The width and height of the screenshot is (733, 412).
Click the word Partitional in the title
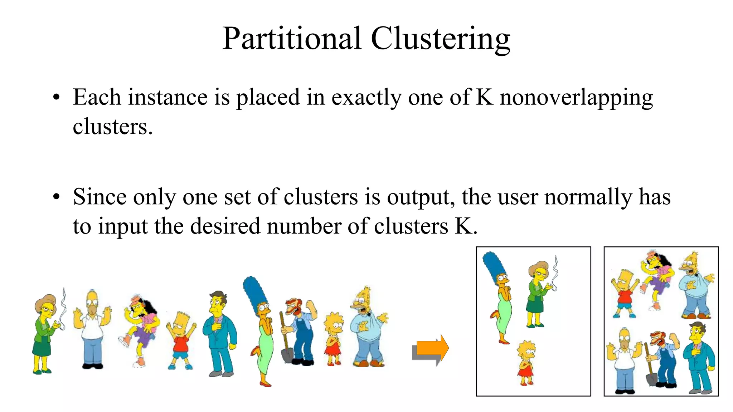pos(291,39)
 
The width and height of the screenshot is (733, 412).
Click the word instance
pos(168,97)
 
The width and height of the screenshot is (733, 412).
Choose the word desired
pos(225,226)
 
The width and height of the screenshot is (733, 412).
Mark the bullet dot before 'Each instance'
pos(56,98)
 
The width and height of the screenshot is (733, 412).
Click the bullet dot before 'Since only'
pos(56,197)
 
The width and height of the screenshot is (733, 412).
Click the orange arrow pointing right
pos(432,348)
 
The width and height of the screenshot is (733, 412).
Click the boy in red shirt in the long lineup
pos(181,342)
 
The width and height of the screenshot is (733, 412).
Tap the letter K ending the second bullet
pos(463,226)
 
